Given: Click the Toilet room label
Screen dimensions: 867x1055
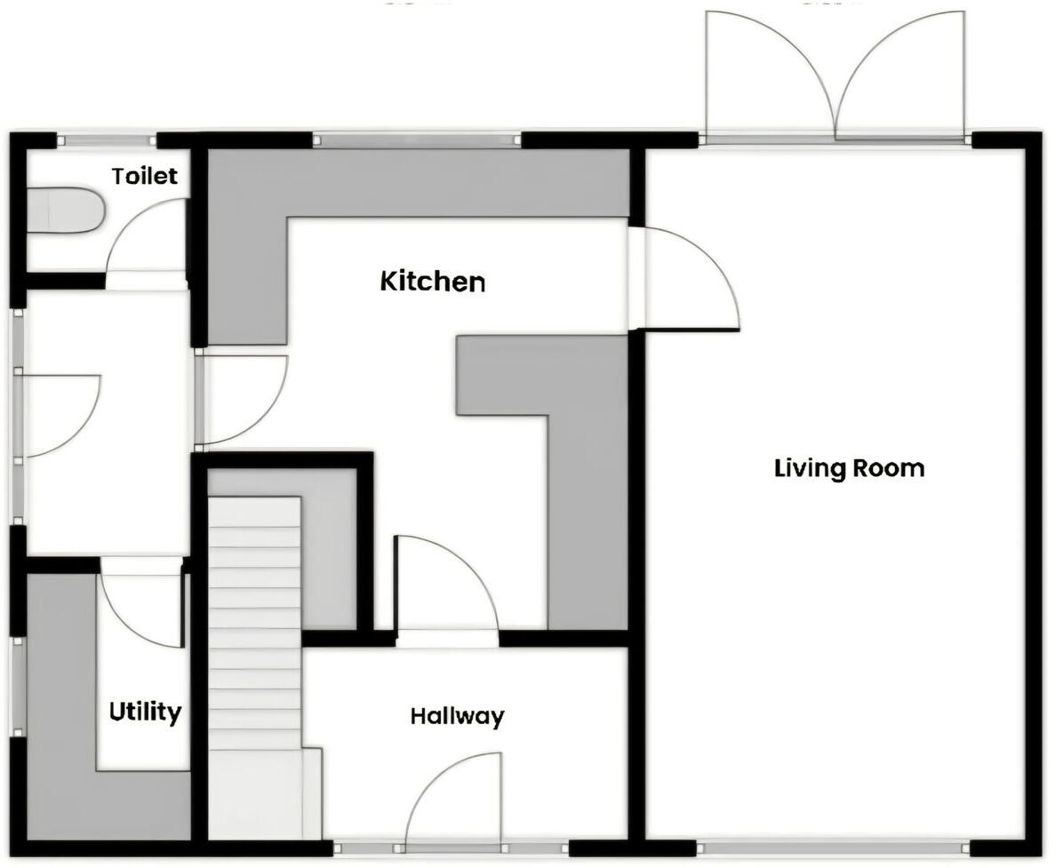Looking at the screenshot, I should (145, 176).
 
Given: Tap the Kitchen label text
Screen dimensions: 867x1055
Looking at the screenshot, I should (433, 282).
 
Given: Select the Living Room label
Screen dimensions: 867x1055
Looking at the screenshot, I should (849, 467).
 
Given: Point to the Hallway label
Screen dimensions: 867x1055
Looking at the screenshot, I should (457, 716).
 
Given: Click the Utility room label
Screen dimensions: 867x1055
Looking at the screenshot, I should (145, 712).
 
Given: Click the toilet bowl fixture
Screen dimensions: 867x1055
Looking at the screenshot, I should (64, 211).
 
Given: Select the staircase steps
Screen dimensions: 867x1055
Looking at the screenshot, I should (255, 622).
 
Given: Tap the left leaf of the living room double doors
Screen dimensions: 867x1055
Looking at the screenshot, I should (769, 76).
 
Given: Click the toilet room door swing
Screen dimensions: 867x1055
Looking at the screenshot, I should (147, 240).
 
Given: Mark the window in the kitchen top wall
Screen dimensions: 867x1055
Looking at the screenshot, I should (417, 139).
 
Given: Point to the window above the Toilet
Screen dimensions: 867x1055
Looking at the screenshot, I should (107, 139).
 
